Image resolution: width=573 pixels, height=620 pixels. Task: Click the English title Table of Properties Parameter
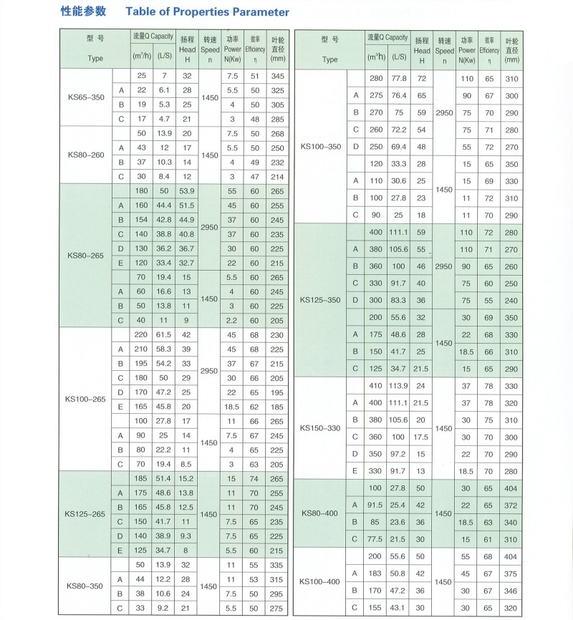(208, 12)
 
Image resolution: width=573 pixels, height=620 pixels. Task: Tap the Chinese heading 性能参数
(83, 11)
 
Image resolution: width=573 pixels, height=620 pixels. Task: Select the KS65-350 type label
(85, 97)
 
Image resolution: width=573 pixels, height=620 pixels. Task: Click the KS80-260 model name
(85, 155)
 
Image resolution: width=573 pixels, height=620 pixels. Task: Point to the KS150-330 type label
(320, 428)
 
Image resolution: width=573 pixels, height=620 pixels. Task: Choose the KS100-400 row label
(320, 581)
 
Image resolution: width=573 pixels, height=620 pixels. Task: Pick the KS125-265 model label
(85, 513)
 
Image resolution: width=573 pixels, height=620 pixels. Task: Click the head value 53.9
(187, 191)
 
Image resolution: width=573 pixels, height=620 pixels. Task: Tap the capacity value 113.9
(398, 387)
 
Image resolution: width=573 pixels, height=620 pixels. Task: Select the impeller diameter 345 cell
(277, 76)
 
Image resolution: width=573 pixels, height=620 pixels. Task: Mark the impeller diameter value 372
(511, 505)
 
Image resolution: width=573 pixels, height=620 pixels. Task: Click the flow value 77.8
(398, 78)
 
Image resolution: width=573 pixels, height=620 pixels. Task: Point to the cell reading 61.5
(164, 335)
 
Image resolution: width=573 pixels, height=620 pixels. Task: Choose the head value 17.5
(421, 437)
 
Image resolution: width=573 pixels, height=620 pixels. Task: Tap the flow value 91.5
(375, 505)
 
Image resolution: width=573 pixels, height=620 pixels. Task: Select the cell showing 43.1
(398, 607)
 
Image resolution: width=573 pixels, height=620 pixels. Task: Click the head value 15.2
(187, 478)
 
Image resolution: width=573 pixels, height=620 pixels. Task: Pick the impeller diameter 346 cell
(511, 591)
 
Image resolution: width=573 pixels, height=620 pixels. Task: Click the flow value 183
(375, 573)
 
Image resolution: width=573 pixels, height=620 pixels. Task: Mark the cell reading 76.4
(398, 95)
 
